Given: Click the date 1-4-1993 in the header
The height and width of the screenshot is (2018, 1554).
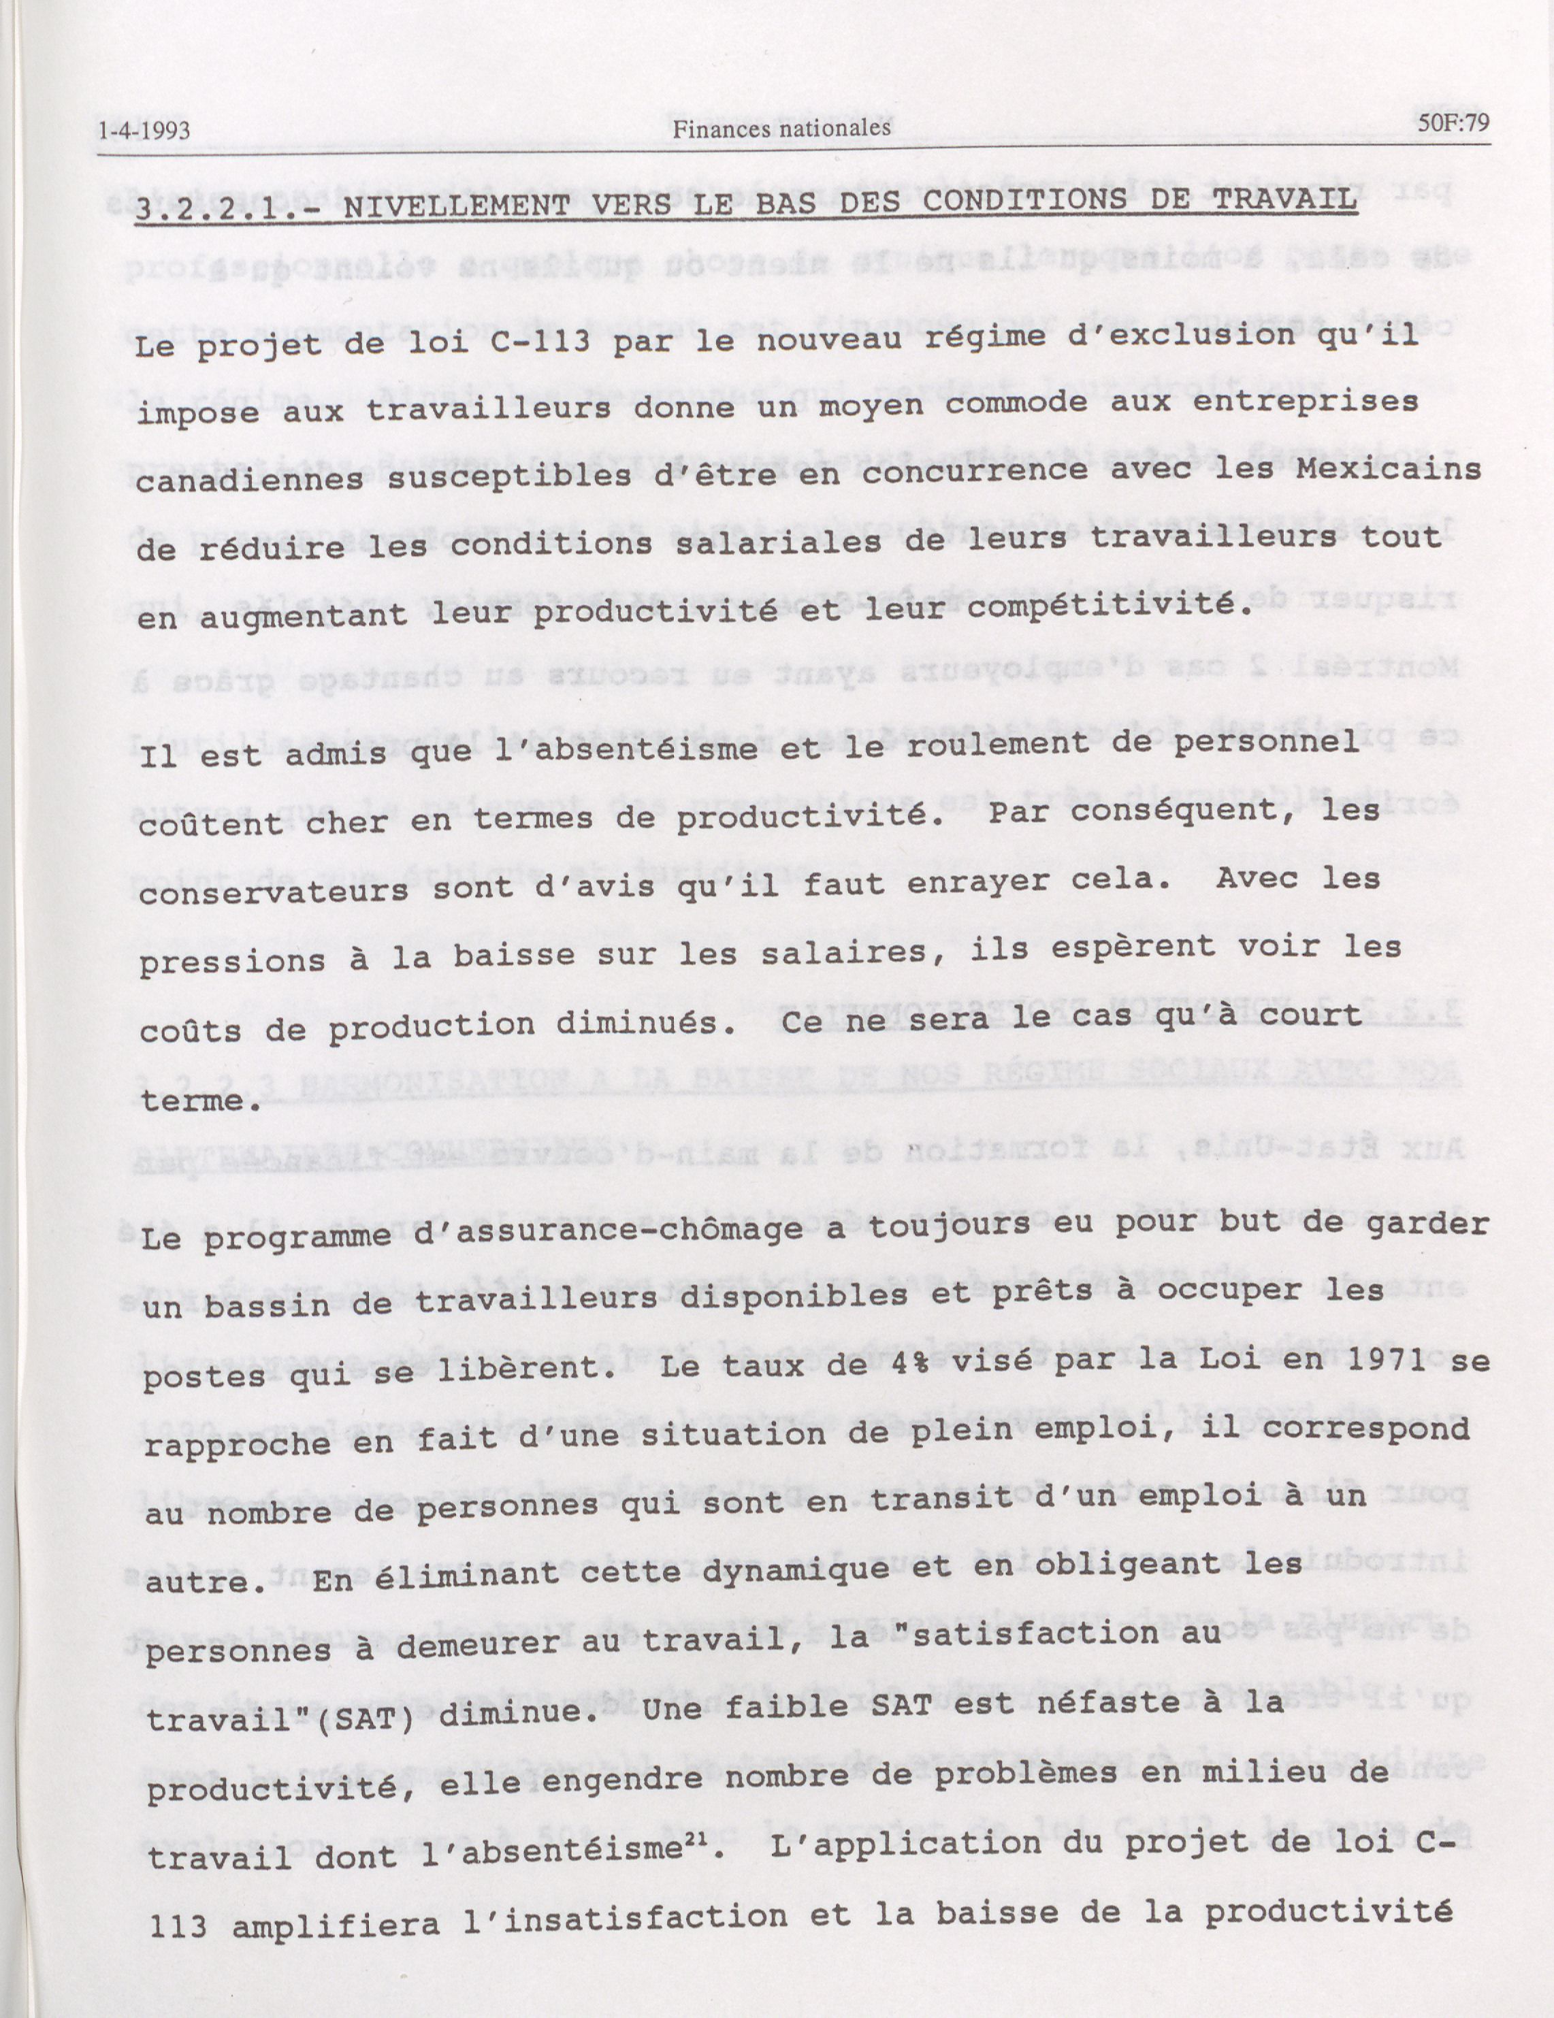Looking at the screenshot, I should pyautogui.click(x=144, y=132).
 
